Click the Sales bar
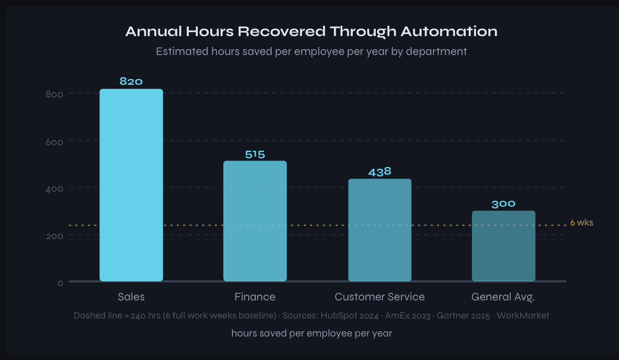[131, 185]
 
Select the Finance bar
[255, 221]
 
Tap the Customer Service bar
[379, 230]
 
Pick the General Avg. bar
[504, 246]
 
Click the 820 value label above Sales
[131, 82]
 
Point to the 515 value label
[255, 154]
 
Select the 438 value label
[379, 172]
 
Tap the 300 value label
[504, 204]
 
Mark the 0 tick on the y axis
[60, 283]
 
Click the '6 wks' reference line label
[582, 223]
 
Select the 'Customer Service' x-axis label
[379, 297]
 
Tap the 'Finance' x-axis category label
[255, 297]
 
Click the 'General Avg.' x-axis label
[503, 297]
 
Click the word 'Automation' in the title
[449, 32]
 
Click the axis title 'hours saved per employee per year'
[311, 333]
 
